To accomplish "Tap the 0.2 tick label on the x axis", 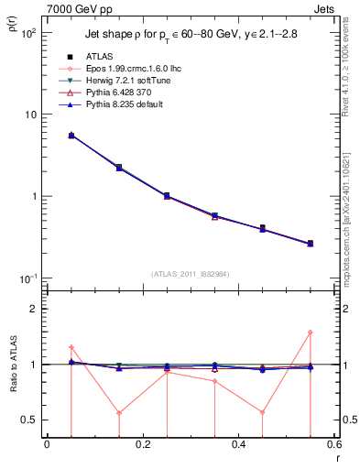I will (142, 445).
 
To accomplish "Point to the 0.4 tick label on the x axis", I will (238, 445).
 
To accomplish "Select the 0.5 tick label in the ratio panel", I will (29, 420).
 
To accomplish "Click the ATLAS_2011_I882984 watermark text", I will (191, 273).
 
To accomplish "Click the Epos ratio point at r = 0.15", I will (119, 412).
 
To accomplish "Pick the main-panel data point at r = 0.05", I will (71, 135).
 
